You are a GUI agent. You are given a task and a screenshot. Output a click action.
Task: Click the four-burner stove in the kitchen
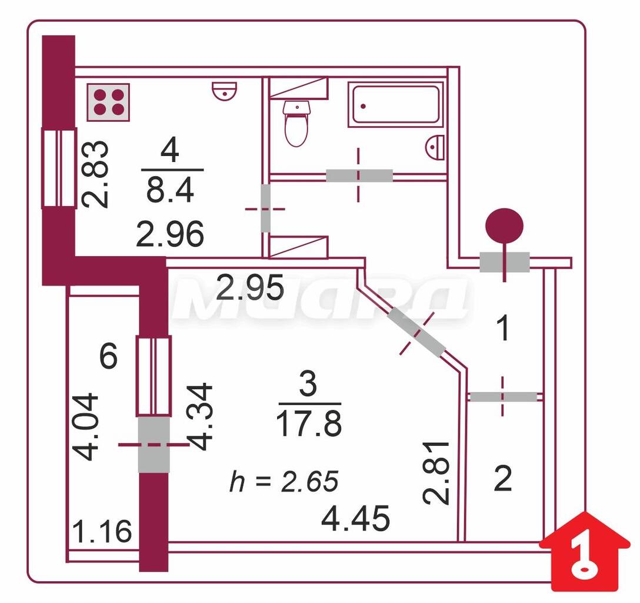point(108,102)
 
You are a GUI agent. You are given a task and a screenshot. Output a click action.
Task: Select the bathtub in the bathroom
point(395,105)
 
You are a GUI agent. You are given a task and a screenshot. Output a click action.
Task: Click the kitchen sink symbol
point(225,90)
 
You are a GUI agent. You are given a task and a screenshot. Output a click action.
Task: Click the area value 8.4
point(170,190)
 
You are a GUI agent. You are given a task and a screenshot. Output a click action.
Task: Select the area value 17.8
point(309,423)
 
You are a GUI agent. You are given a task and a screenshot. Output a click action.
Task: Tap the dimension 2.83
point(95,174)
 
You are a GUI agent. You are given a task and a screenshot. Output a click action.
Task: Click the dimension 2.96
point(170,234)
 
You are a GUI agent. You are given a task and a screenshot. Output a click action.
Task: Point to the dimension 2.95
point(250,287)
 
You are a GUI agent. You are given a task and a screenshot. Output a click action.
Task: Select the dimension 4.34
point(199,416)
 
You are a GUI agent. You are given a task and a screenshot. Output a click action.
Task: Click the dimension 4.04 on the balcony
point(85,427)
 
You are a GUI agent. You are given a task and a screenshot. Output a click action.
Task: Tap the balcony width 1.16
point(102,532)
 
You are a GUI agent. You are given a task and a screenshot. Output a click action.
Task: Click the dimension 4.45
point(355,519)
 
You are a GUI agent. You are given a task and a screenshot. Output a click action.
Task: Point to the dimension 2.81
point(436,473)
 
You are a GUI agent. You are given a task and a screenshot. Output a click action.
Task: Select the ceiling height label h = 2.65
point(284,481)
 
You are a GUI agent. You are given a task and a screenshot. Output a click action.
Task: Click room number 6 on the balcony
point(109,356)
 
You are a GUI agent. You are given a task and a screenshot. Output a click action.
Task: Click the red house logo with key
point(585,552)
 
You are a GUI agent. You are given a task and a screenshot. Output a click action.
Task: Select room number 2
point(502,479)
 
